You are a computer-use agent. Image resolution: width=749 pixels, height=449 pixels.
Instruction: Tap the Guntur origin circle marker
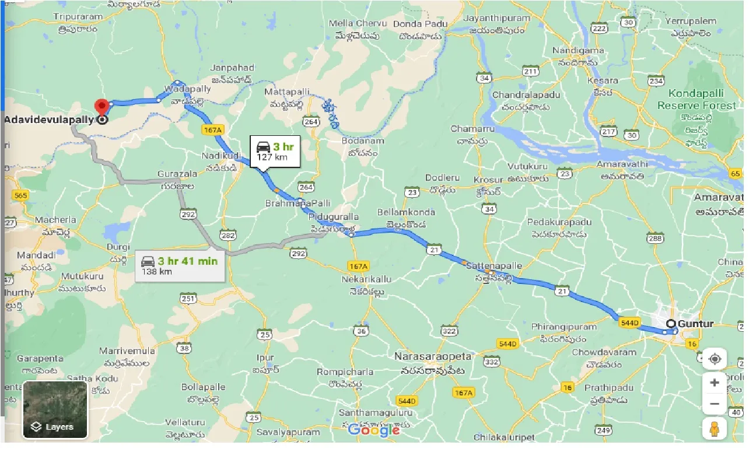pyautogui.click(x=671, y=324)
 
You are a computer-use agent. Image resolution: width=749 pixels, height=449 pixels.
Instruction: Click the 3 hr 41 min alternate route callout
pyautogui.click(x=180, y=265)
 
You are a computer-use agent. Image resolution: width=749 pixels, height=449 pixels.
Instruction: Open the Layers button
pyautogui.click(x=55, y=409)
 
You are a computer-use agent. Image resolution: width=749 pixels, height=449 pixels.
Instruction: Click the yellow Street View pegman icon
pyautogui.click(x=715, y=429)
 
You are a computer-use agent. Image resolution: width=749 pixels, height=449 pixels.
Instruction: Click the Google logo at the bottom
pyautogui.click(x=374, y=430)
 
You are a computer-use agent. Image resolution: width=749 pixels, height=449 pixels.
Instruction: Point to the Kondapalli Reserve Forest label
pyautogui.click(x=696, y=100)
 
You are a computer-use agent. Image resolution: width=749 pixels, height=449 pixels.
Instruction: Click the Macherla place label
pyautogui.click(x=55, y=220)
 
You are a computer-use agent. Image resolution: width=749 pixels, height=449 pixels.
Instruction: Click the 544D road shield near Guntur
pyautogui.click(x=630, y=322)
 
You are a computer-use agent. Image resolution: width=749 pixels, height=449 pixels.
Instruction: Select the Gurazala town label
pyautogui.click(x=175, y=174)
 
